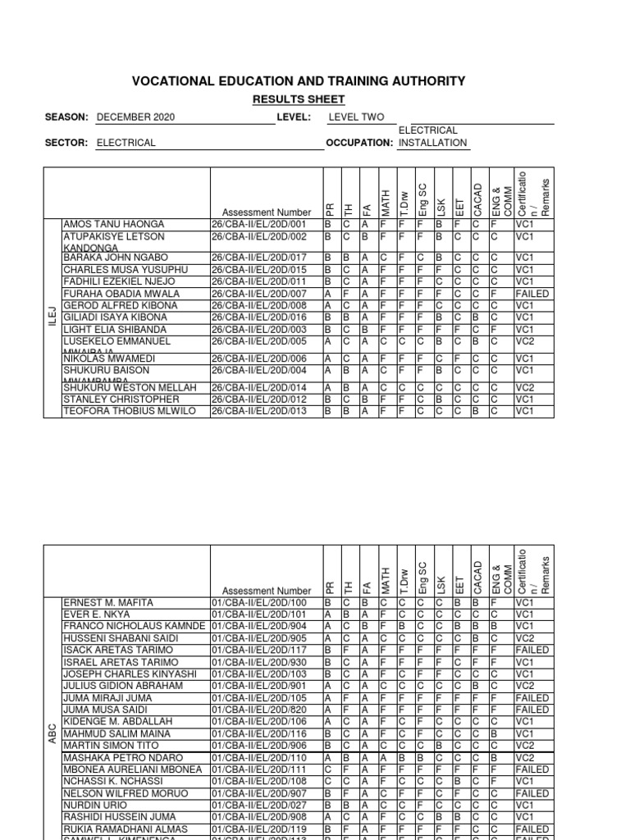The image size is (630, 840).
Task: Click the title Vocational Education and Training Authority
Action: coord(299,81)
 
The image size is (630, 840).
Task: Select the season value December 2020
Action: coord(135,118)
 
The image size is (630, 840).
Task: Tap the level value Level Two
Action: coord(356,118)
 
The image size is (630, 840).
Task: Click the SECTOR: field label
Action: coord(66,143)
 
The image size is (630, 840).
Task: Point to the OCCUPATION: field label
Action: coord(359,143)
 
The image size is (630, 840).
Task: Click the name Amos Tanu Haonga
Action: coord(114,224)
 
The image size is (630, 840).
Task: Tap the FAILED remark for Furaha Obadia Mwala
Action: coord(532,294)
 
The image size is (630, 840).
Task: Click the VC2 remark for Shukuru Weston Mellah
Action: coord(524,387)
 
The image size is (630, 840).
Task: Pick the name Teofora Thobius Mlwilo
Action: coord(130,411)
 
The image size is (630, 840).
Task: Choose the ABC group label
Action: coord(52,720)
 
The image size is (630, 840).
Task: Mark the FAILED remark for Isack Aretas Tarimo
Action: coord(532,650)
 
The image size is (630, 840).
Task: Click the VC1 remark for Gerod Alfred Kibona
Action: coord(524,305)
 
